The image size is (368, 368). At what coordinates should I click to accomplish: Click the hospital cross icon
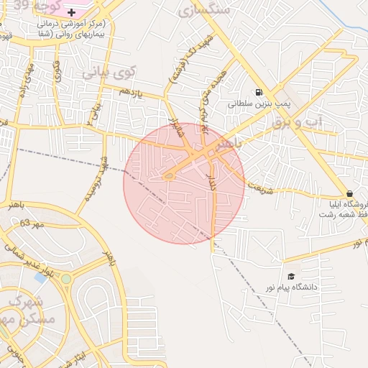(70, 13)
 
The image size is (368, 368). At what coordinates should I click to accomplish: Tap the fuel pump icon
(258, 91)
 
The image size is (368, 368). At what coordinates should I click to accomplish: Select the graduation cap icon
(291, 276)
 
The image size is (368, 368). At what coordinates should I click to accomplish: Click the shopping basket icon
(349, 193)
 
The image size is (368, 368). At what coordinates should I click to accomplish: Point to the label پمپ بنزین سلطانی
(259, 104)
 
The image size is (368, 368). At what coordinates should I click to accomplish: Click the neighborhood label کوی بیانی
(108, 73)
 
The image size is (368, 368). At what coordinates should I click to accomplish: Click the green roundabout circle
(66, 278)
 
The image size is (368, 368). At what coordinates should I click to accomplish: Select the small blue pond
(40, 277)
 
